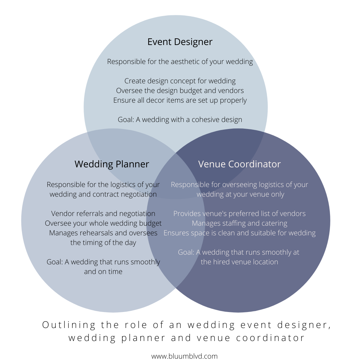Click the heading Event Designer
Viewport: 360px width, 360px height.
180,42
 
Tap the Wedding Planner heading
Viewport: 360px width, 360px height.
112,164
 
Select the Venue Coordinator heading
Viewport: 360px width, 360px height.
239,164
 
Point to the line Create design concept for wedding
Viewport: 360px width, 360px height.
180,81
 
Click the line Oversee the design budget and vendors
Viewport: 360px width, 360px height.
180,91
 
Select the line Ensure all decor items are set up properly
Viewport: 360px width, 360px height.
180,100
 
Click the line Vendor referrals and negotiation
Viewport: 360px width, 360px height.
103,214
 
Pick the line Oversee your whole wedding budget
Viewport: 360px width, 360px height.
103,223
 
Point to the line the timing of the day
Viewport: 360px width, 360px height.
103,243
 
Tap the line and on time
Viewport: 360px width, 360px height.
103,272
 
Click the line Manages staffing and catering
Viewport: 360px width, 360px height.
239,223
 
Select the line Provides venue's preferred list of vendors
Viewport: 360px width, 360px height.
239,214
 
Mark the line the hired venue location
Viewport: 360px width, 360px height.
239,262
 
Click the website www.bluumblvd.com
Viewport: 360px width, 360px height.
184,356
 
